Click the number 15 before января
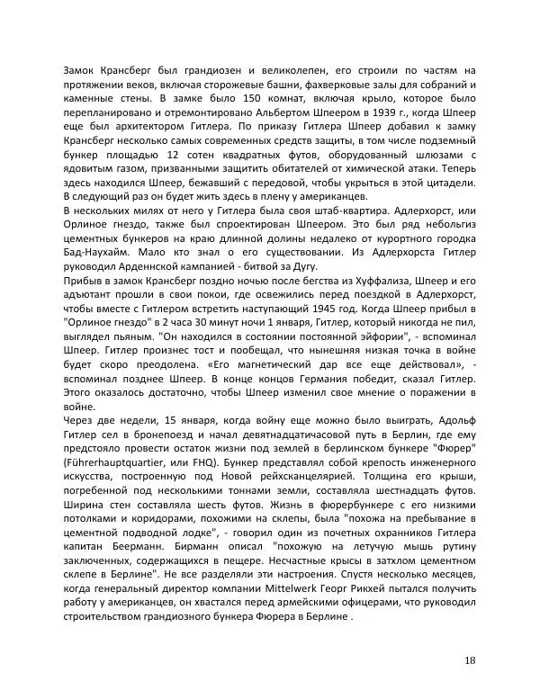pyautogui.click(x=150, y=423)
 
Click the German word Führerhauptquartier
pyautogui.click(x=113, y=465)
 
